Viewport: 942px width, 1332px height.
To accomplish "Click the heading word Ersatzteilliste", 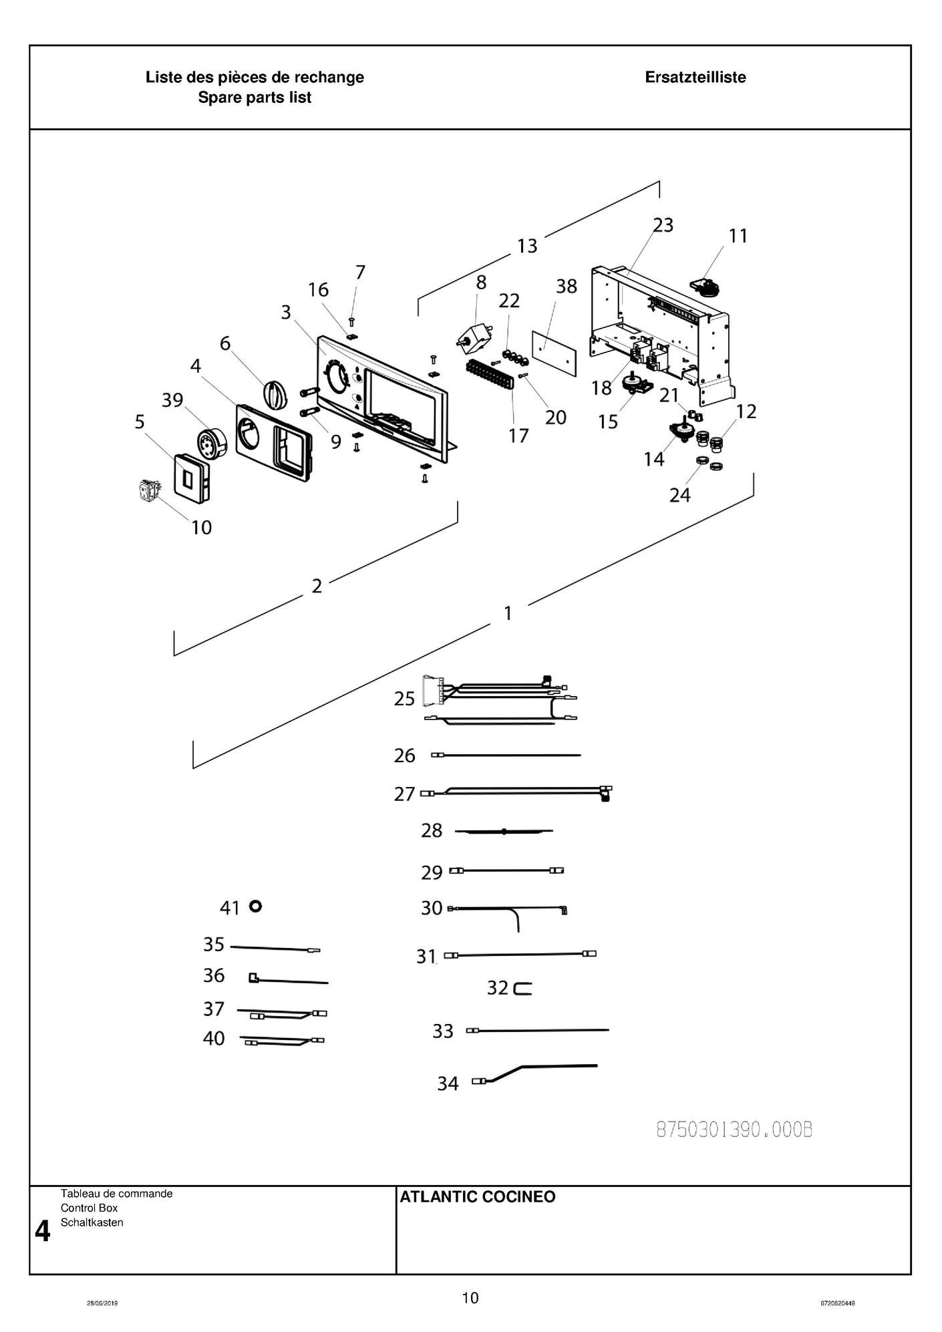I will [695, 77].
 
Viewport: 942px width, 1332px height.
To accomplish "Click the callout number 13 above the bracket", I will [527, 246].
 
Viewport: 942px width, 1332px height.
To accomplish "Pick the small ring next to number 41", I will [255, 906].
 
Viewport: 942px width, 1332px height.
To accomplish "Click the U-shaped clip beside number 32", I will [523, 988].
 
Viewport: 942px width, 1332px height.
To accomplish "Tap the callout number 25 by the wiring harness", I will [404, 699].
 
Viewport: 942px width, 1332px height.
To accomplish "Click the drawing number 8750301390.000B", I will [734, 1130].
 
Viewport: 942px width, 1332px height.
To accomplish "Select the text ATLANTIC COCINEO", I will [477, 1197].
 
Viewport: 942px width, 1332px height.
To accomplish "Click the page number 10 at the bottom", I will [470, 1298].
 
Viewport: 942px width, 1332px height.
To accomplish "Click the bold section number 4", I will [42, 1231].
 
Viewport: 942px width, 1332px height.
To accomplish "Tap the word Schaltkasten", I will [92, 1222].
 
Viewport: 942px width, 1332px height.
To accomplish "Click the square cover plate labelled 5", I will [190, 476].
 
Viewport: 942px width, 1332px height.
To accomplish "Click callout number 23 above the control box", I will [663, 225].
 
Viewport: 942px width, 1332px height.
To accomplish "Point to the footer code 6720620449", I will [838, 1303].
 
